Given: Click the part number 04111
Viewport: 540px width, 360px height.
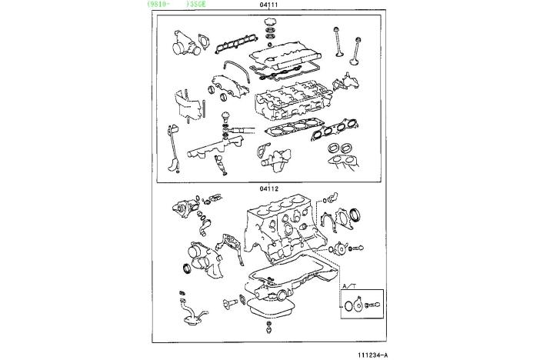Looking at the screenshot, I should click(x=269, y=4).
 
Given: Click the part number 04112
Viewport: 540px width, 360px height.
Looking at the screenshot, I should click(x=269, y=188).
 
